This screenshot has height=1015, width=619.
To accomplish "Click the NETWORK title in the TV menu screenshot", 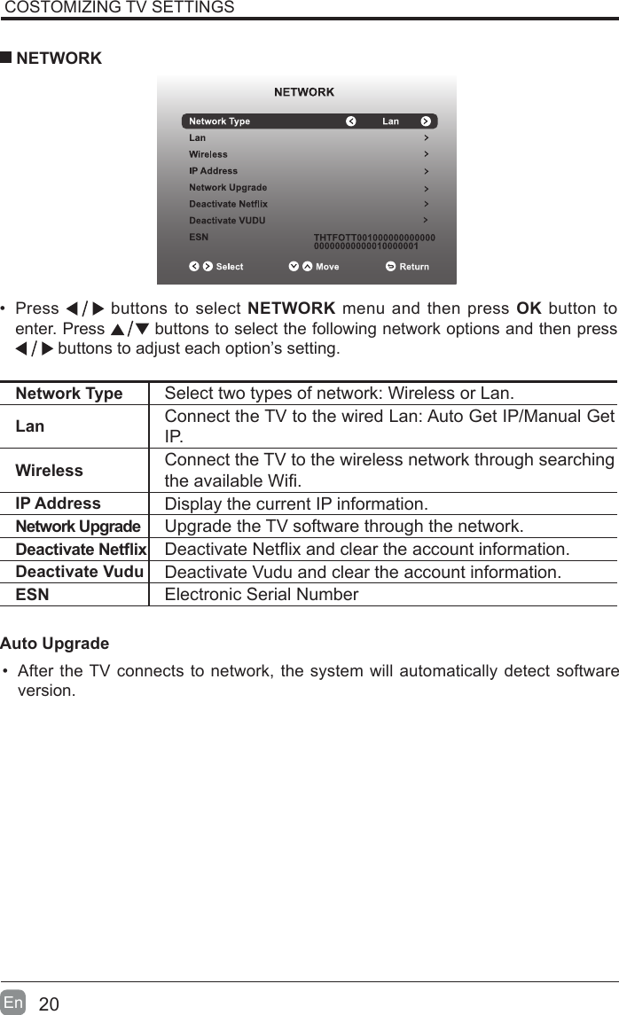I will [304, 92].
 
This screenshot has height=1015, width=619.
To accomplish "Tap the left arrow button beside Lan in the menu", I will [350, 121].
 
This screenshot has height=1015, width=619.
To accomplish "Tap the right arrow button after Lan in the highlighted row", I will [426, 121].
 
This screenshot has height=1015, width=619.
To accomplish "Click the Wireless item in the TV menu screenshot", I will [208, 154].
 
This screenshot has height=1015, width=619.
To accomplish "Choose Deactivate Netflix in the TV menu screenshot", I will [228, 204].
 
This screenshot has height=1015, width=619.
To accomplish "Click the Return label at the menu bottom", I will [413, 267].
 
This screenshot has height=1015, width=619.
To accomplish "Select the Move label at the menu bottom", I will [327, 267].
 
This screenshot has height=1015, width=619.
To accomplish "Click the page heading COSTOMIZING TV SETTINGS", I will [120, 8].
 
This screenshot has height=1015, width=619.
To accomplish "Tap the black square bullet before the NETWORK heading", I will [6, 59].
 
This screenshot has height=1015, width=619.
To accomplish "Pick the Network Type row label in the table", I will [69, 394].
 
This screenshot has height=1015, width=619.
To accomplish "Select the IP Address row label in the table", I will [59, 504].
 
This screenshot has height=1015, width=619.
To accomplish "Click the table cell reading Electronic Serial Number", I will [262, 594].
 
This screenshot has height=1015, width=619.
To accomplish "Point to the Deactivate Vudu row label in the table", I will [80, 572].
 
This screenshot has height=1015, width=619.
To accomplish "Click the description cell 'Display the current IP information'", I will [296, 505].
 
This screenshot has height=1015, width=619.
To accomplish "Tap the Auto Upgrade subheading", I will [55, 643].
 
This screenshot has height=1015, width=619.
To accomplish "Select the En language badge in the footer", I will [13, 1003].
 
